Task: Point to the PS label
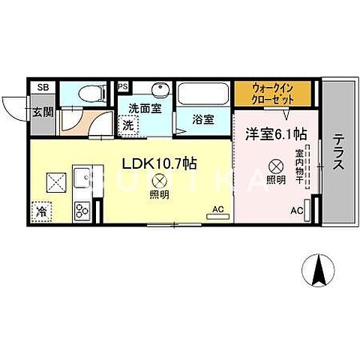tap(123, 86)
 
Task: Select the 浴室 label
tap(203, 119)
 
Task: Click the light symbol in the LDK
tap(159, 181)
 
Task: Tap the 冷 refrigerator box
tap(40, 211)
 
